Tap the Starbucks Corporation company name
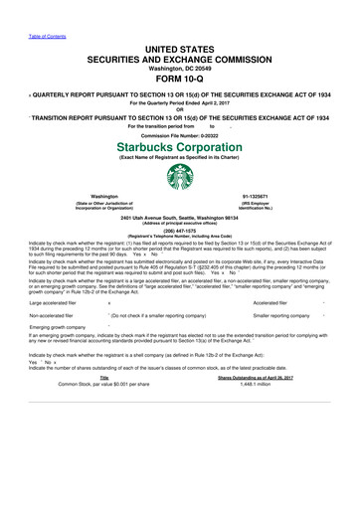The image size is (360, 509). (x=180, y=145)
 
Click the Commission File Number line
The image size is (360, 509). (x=180, y=134)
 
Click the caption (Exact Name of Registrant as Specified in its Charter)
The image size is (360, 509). (x=180, y=156)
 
